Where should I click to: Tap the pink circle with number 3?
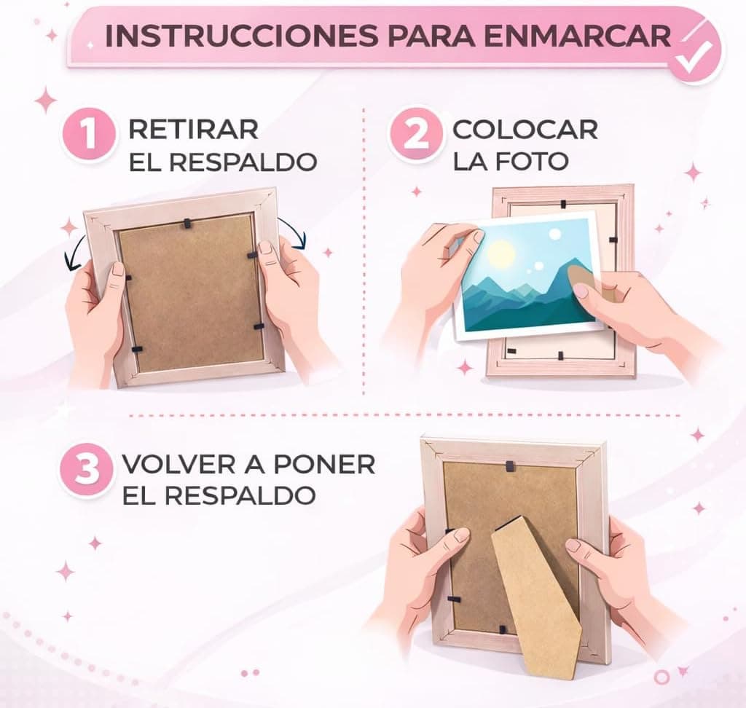(87, 470)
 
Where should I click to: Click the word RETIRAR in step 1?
(194, 130)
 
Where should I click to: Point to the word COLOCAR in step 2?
(525, 130)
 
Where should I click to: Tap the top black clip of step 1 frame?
(186, 222)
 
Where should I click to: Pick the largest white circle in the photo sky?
(554, 234)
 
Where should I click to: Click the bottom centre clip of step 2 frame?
(560, 355)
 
